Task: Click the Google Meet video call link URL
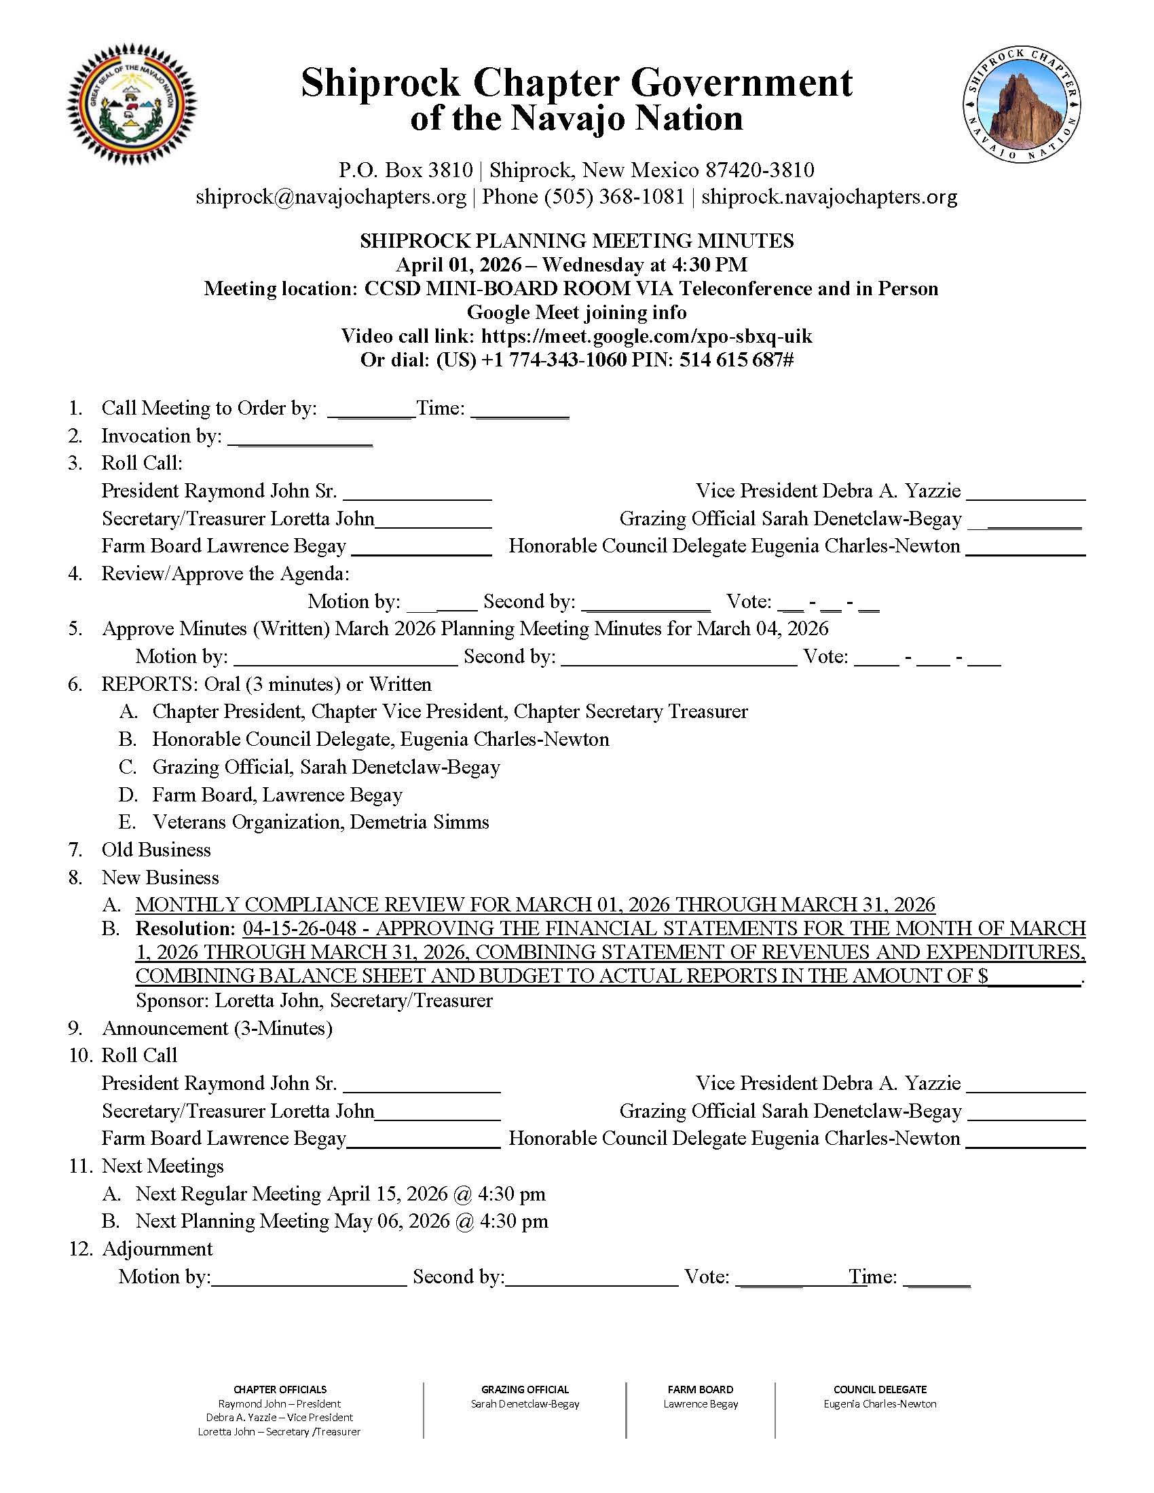click(646, 337)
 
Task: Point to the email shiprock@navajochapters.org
click(331, 197)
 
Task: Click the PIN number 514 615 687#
click(736, 360)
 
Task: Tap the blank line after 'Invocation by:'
click(300, 438)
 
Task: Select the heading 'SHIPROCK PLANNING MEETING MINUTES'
click(576, 241)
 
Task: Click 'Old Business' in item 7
click(156, 850)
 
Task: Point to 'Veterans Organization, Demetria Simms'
click(320, 822)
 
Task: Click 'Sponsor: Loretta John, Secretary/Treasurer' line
click(314, 1001)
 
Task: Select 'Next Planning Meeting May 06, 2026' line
click(341, 1221)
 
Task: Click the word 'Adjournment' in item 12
click(157, 1249)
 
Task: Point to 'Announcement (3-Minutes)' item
click(217, 1028)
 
